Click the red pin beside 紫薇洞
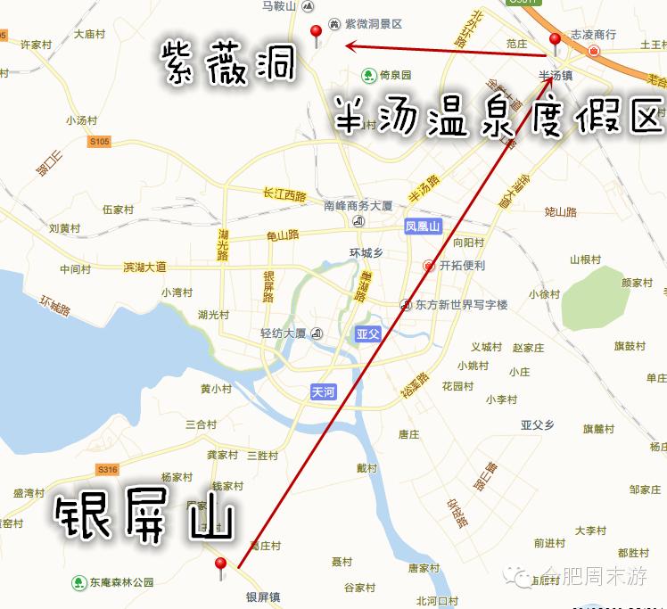click(315, 35)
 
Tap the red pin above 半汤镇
click(555, 41)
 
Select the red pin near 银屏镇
click(220, 565)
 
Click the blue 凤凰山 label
click(423, 226)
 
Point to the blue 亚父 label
click(366, 334)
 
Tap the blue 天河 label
click(323, 392)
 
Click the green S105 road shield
click(99, 142)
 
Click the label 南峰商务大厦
click(358, 205)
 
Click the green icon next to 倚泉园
click(366, 75)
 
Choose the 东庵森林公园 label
click(121, 583)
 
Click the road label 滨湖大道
click(144, 267)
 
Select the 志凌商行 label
click(593, 35)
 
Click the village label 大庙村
click(90, 35)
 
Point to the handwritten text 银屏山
click(144, 519)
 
